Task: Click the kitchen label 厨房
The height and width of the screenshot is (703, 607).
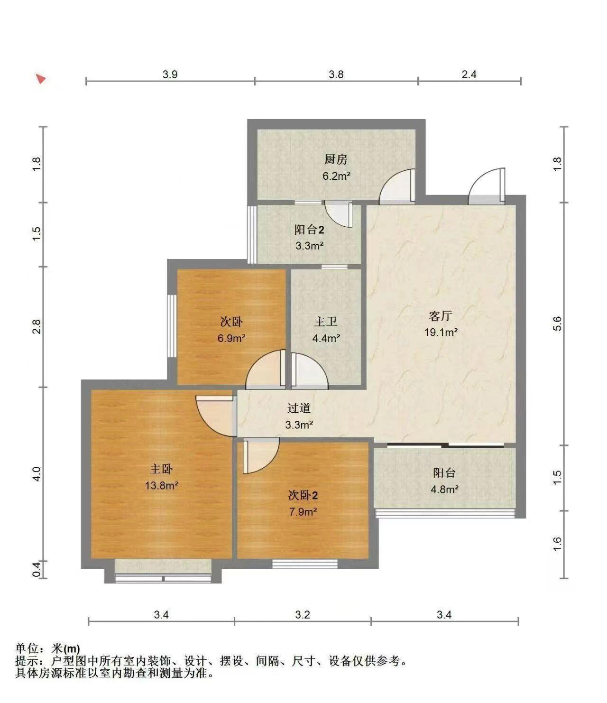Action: pos(336,159)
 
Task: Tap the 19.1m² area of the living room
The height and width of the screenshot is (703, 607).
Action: pos(441,332)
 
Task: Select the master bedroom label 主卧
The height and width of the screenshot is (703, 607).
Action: pos(161,469)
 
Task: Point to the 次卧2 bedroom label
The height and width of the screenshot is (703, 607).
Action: pos(303,495)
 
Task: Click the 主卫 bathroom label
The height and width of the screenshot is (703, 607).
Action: pos(326,322)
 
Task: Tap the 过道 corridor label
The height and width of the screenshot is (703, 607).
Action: pos(299,408)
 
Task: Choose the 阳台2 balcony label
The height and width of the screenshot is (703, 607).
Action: pos(310,230)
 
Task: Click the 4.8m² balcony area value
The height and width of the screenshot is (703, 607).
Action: pos(444,490)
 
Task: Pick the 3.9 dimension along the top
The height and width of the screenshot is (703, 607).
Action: pos(170,74)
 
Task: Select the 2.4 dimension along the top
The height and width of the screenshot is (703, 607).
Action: pos(469,74)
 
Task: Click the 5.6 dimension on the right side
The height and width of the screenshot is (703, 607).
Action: pos(557,324)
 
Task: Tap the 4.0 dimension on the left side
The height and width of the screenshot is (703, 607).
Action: pos(37,474)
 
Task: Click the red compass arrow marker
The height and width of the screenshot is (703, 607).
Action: pos(41,79)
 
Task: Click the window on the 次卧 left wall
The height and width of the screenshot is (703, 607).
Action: pos(172,326)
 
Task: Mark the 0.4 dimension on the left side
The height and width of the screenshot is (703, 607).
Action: pos(37,569)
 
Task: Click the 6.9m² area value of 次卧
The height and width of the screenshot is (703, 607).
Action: pos(231,338)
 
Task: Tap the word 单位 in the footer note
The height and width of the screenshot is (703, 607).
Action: pos(27,648)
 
